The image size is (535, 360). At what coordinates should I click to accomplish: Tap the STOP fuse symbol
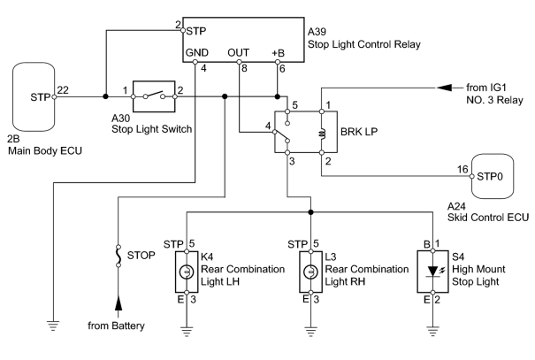pos(118,256)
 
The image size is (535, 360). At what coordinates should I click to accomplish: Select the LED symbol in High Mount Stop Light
pos(433,272)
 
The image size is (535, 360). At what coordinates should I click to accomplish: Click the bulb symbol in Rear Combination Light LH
pos(187,272)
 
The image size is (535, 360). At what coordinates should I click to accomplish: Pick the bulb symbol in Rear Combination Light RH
pos(311,272)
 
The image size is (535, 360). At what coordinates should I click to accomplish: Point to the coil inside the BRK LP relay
pos(323,134)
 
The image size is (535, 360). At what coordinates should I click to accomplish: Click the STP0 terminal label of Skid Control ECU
pos(490,177)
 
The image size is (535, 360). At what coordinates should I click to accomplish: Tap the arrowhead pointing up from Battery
pos(118,303)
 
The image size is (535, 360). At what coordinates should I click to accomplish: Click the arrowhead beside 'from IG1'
pos(445,88)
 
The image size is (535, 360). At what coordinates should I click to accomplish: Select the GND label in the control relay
pos(197,52)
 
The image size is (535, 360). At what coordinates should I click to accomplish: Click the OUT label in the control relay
pos(239,52)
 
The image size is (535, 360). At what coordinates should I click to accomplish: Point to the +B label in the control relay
pos(278,53)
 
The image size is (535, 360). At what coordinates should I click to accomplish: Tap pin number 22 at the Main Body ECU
pos(63,89)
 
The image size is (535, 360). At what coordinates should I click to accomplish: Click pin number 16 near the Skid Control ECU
pos(462,169)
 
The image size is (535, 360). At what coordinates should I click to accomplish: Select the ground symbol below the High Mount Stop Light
pos(433,332)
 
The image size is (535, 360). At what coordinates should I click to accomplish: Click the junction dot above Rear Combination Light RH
pos(310,212)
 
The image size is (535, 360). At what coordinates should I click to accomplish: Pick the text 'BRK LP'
pos(359,132)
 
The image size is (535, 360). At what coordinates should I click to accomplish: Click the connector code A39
pos(317,32)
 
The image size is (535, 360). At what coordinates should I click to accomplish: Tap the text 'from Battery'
pos(116,326)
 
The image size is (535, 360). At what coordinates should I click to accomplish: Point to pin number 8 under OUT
pos(244,69)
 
